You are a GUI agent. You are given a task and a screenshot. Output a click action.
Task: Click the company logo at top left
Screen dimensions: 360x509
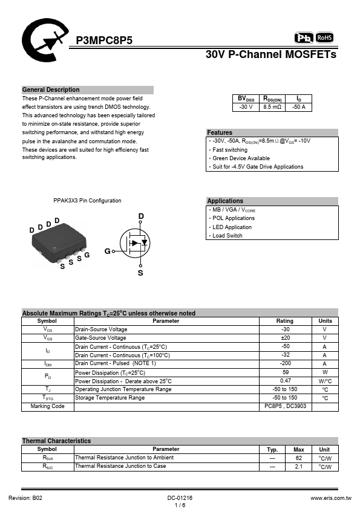point(45,40)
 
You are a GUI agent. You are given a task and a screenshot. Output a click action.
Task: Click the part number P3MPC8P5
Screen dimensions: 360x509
point(104,41)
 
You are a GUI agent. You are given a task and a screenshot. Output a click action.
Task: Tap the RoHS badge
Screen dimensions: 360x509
point(324,37)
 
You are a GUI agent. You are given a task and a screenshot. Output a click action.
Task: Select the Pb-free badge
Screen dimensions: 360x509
point(304,38)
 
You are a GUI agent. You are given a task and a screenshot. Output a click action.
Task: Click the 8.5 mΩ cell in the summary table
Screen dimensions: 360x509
point(272,107)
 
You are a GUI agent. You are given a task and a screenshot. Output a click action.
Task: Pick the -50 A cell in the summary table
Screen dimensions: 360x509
point(299,107)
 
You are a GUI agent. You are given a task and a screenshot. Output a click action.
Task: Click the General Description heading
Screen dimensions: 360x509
point(51,90)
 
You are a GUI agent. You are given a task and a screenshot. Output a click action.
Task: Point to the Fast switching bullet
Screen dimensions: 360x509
point(230,150)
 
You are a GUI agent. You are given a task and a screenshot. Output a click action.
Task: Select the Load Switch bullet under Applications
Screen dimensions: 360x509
point(227,236)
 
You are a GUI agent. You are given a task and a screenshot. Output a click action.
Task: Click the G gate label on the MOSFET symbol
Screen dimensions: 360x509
point(107,251)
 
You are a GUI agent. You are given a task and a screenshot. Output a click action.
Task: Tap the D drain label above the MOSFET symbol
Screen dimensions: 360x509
point(141,216)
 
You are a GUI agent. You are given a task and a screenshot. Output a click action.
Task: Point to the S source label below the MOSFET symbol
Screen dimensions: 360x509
point(140,273)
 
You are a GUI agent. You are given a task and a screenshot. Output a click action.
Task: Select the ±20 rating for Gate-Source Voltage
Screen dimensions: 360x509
point(285,338)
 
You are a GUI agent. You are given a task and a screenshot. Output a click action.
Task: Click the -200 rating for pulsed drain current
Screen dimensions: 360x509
point(285,363)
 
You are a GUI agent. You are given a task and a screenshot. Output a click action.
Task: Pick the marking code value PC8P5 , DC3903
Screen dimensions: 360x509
point(285,406)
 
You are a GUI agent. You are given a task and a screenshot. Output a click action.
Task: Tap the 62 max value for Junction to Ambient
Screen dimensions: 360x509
point(299,458)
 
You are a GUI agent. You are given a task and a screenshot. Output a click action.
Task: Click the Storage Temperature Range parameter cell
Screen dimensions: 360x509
point(110,398)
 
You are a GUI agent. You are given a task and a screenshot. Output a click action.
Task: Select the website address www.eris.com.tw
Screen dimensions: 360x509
point(331,498)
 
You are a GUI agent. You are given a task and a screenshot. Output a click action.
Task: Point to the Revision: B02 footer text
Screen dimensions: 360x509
point(25,498)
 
